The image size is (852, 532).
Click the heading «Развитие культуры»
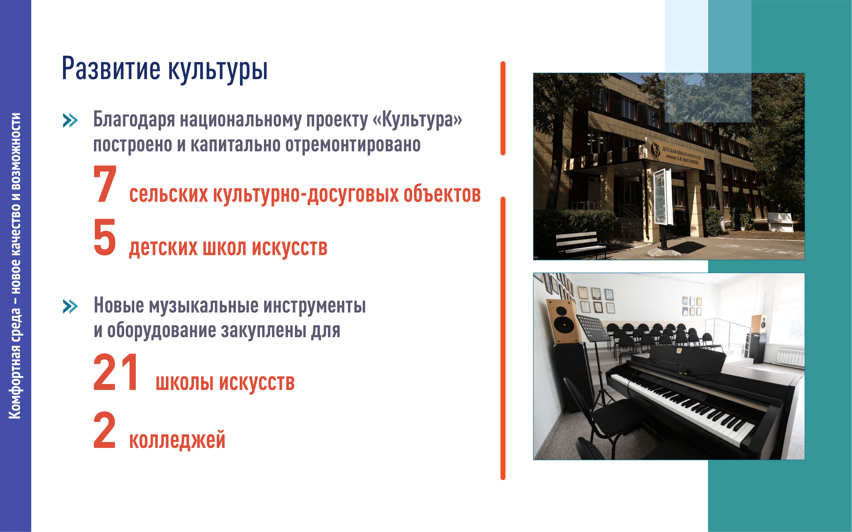[x=165, y=69]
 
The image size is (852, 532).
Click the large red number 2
[x=104, y=430]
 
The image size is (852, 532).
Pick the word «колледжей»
[x=177, y=440]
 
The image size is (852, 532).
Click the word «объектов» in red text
[x=442, y=194]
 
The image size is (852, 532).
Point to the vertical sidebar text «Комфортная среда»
[x=15, y=364]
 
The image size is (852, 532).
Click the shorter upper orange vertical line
[x=503, y=108]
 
